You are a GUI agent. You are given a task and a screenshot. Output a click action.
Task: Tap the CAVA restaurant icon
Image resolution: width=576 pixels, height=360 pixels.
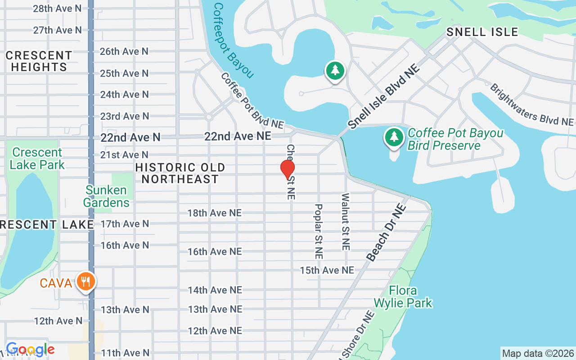point(85,282)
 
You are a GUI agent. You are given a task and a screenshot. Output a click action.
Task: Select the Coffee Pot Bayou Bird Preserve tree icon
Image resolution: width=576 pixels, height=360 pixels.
point(394,137)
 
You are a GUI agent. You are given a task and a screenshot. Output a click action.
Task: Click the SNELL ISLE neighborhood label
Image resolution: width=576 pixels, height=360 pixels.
point(482,32)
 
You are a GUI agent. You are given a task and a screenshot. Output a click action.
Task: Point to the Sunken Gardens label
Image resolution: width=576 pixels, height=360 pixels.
point(106,196)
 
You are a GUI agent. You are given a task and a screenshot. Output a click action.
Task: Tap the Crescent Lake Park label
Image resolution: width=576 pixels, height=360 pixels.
point(37,158)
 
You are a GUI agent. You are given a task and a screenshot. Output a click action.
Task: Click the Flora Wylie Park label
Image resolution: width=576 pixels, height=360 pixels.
point(409,297)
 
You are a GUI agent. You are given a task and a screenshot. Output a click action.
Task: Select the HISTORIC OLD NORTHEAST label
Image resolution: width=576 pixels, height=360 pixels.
point(180,173)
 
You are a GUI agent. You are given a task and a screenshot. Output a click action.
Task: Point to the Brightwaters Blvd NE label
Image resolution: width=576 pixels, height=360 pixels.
point(531,104)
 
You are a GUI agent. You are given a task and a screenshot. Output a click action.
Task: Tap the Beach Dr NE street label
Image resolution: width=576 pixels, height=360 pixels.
point(386,233)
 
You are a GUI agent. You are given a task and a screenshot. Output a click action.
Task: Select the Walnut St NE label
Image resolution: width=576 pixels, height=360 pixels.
point(346,222)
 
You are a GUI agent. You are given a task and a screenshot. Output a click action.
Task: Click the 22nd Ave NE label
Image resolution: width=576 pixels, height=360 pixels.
point(238,136)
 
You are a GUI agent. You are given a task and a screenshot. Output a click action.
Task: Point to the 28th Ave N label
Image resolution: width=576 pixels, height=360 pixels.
point(57,9)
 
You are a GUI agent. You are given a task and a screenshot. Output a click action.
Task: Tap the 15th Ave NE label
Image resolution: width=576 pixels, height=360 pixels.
point(327,270)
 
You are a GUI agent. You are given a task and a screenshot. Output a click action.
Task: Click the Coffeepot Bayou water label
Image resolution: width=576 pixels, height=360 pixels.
point(233,40)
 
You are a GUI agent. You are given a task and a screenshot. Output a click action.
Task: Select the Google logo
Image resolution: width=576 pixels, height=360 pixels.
point(30,349)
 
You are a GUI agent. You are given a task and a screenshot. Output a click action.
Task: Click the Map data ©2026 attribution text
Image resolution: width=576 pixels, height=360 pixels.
point(538,354)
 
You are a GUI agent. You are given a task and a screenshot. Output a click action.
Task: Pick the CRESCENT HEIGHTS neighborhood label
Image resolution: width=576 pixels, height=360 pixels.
point(39,61)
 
